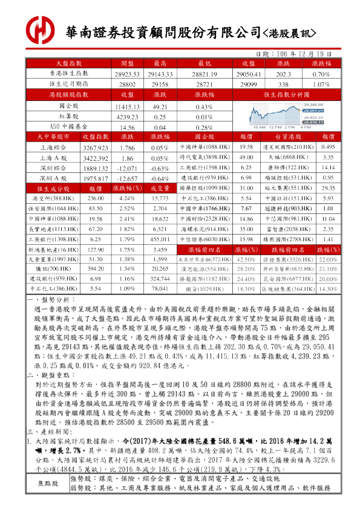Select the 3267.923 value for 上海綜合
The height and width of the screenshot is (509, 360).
[95, 147]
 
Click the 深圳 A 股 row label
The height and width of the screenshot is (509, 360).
[53, 178]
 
